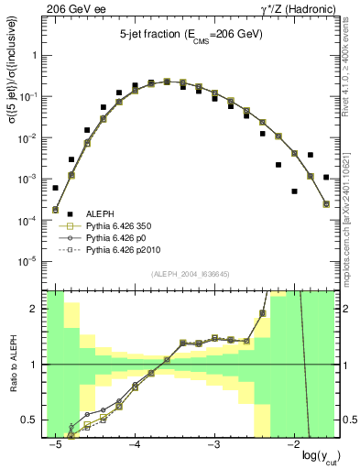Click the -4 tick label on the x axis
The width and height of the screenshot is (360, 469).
(x=134, y=444)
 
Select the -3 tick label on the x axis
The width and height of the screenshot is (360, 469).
(x=213, y=444)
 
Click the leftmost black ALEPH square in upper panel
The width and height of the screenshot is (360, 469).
(x=55, y=188)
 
